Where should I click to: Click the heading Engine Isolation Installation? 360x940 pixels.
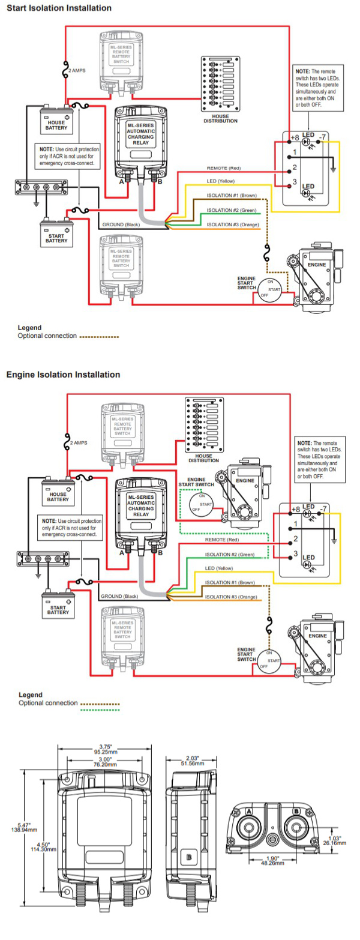tap(63, 375)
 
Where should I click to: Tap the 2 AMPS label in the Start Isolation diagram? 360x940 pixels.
tap(77, 71)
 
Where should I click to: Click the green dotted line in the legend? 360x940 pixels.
tap(100, 710)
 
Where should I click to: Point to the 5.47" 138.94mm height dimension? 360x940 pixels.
tap(28, 828)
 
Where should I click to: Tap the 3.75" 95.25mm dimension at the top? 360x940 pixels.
tap(106, 749)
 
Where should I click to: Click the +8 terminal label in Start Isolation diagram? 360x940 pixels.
tap(295, 138)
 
